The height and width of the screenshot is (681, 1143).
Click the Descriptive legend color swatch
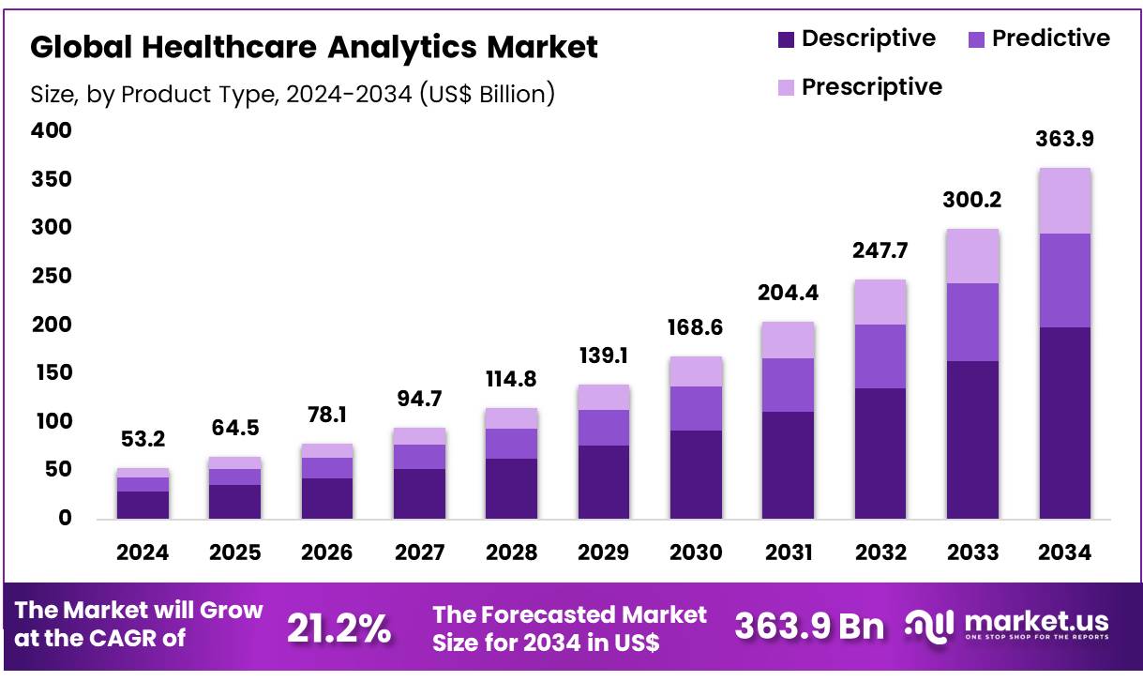pyautogui.click(x=786, y=39)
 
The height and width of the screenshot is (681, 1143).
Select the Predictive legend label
pyautogui.click(x=1050, y=38)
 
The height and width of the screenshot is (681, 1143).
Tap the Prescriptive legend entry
pyautogui.click(x=871, y=87)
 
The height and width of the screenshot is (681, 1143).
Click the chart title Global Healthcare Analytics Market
pyautogui.click(x=314, y=46)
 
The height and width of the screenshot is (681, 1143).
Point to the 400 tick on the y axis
pyautogui.click(x=52, y=131)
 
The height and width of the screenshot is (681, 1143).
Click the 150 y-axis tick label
pyautogui.click(x=52, y=373)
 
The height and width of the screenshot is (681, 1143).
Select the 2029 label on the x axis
pyautogui.click(x=604, y=552)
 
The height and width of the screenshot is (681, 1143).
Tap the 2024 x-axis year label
pyautogui.click(x=143, y=552)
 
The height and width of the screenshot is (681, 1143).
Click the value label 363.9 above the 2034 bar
pyautogui.click(x=1064, y=140)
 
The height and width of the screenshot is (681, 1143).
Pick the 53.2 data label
pyautogui.click(x=143, y=440)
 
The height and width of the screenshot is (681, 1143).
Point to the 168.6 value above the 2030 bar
pyautogui.click(x=696, y=328)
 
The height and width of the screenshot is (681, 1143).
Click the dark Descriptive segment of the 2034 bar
pyautogui.click(x=1064, y=422)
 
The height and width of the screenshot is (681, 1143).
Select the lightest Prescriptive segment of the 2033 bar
pyautogui.click(x=972, y=256)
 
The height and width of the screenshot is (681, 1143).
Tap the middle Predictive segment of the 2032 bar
pyautogui.click(x=880, y=356)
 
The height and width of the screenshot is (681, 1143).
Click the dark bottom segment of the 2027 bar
pyautogui.click(x=419, y=493)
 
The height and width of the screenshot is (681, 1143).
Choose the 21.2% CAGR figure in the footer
pyautogui.click(x=338, y=628)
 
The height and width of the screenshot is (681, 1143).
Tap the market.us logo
pyautogui.click(x=1008, y=624)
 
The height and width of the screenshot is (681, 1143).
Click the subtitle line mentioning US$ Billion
pyautogui.click(x=293, y=95)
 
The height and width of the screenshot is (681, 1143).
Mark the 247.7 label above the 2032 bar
pyautogui.click(x=880, y=251)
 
